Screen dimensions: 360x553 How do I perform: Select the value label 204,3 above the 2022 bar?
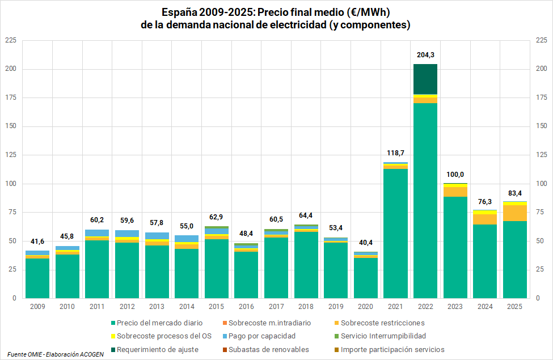click(425, 55)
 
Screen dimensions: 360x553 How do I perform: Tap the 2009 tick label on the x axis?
click(37, 306)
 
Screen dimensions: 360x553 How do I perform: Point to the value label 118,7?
click(395, 153)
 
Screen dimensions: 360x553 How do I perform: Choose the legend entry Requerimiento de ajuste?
click(153, 349)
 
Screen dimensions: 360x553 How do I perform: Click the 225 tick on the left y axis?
click(10, 41)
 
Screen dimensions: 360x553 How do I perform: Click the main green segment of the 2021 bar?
click(395, 232)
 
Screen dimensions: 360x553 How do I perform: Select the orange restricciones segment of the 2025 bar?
click(514, 213)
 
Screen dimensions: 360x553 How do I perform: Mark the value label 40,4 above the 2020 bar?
click(365, 243)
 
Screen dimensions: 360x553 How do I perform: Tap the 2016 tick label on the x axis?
click(246, 306)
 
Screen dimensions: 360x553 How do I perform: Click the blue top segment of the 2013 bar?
click(157, 236)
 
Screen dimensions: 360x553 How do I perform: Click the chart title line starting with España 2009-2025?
click(276, 12)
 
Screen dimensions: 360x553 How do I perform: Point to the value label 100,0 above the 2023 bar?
click(455, 175)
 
